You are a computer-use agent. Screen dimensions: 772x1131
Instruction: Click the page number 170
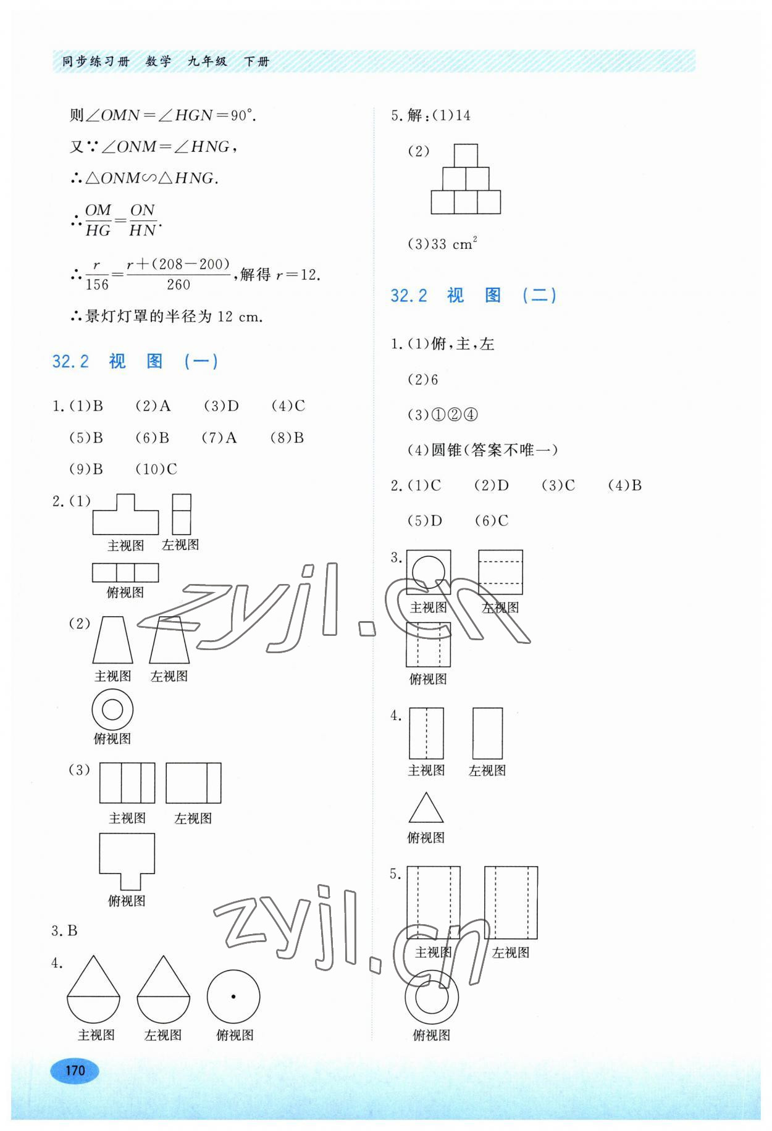(75, 1070)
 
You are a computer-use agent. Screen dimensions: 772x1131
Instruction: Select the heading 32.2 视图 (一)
(135, 361)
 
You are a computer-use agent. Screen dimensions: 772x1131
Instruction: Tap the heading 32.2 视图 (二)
(474, 295)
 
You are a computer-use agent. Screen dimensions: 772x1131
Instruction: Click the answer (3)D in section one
(221, 406)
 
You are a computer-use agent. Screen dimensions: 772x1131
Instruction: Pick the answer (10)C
(156, 469)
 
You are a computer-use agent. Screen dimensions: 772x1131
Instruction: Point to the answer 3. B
(65, 930)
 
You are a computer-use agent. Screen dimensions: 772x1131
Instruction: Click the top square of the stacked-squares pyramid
(466, 156)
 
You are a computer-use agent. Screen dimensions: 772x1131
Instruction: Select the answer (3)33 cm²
(442, 244)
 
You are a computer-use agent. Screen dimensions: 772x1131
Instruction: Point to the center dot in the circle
(233, 996)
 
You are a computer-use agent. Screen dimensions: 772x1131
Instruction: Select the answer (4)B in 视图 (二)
(625, 486)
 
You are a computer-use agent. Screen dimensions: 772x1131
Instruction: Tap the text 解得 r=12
(280, 275)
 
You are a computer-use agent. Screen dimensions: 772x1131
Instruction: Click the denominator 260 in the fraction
(178, 285)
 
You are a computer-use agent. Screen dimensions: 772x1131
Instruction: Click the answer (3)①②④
(443, 415)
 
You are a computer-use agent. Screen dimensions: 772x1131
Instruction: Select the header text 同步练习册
(96, 62)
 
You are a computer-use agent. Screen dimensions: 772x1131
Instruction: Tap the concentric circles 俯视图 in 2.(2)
(112, 710)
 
